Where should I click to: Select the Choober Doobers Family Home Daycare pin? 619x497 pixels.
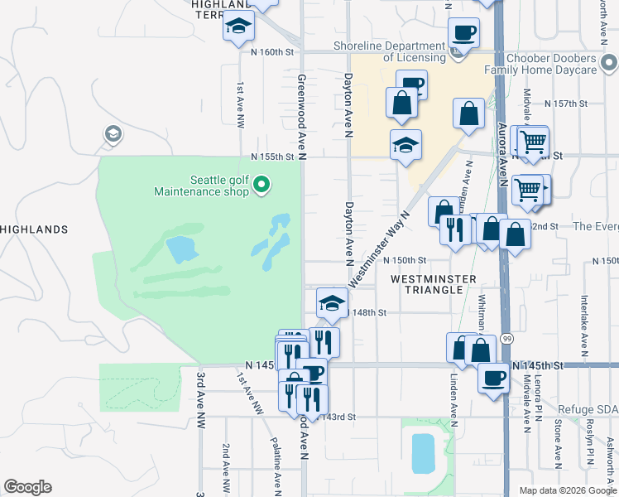pos(608,62)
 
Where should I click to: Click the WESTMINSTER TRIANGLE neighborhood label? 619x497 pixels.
pos(434,284)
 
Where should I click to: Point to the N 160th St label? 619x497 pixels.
pos(272,51)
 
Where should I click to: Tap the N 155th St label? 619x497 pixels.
pos(273,157)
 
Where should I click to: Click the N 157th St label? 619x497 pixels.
pos(566,104)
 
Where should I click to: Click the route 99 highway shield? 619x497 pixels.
pos(507,339)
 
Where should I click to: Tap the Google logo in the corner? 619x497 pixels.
pos(26,487)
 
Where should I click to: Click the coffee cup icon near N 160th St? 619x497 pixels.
pos(463,33)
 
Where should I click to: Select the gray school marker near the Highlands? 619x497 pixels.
pos(113,134)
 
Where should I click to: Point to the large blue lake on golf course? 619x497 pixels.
pos(180,248)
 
